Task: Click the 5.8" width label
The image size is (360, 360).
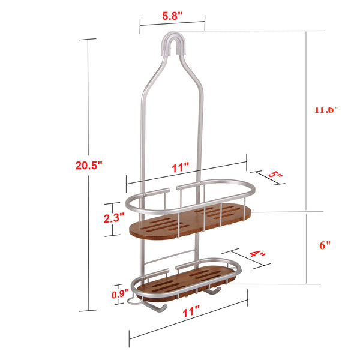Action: (172, 16)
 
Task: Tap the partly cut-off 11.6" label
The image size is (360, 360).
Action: (327, 110)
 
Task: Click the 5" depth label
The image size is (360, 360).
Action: (275, 175)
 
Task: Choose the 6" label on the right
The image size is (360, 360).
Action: (325, 245)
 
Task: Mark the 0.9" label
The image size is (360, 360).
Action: (119, 294)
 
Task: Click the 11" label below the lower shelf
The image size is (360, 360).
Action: (191, 312)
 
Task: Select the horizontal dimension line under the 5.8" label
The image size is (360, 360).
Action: (172, 25)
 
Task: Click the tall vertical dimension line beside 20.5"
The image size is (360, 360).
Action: (88, 174)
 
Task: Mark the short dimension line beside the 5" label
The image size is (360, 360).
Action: (270, 178)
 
